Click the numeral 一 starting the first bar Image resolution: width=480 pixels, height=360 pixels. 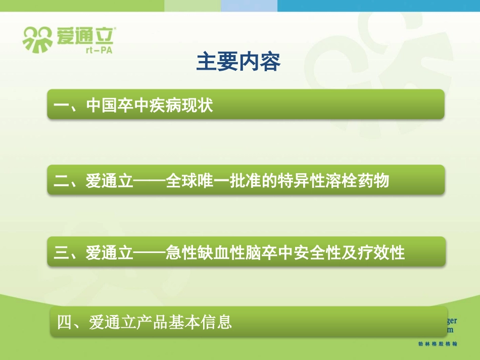point(61,106)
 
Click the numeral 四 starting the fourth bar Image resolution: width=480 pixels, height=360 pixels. point(65,322)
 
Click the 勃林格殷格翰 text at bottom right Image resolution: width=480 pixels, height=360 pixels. point(438,343)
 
